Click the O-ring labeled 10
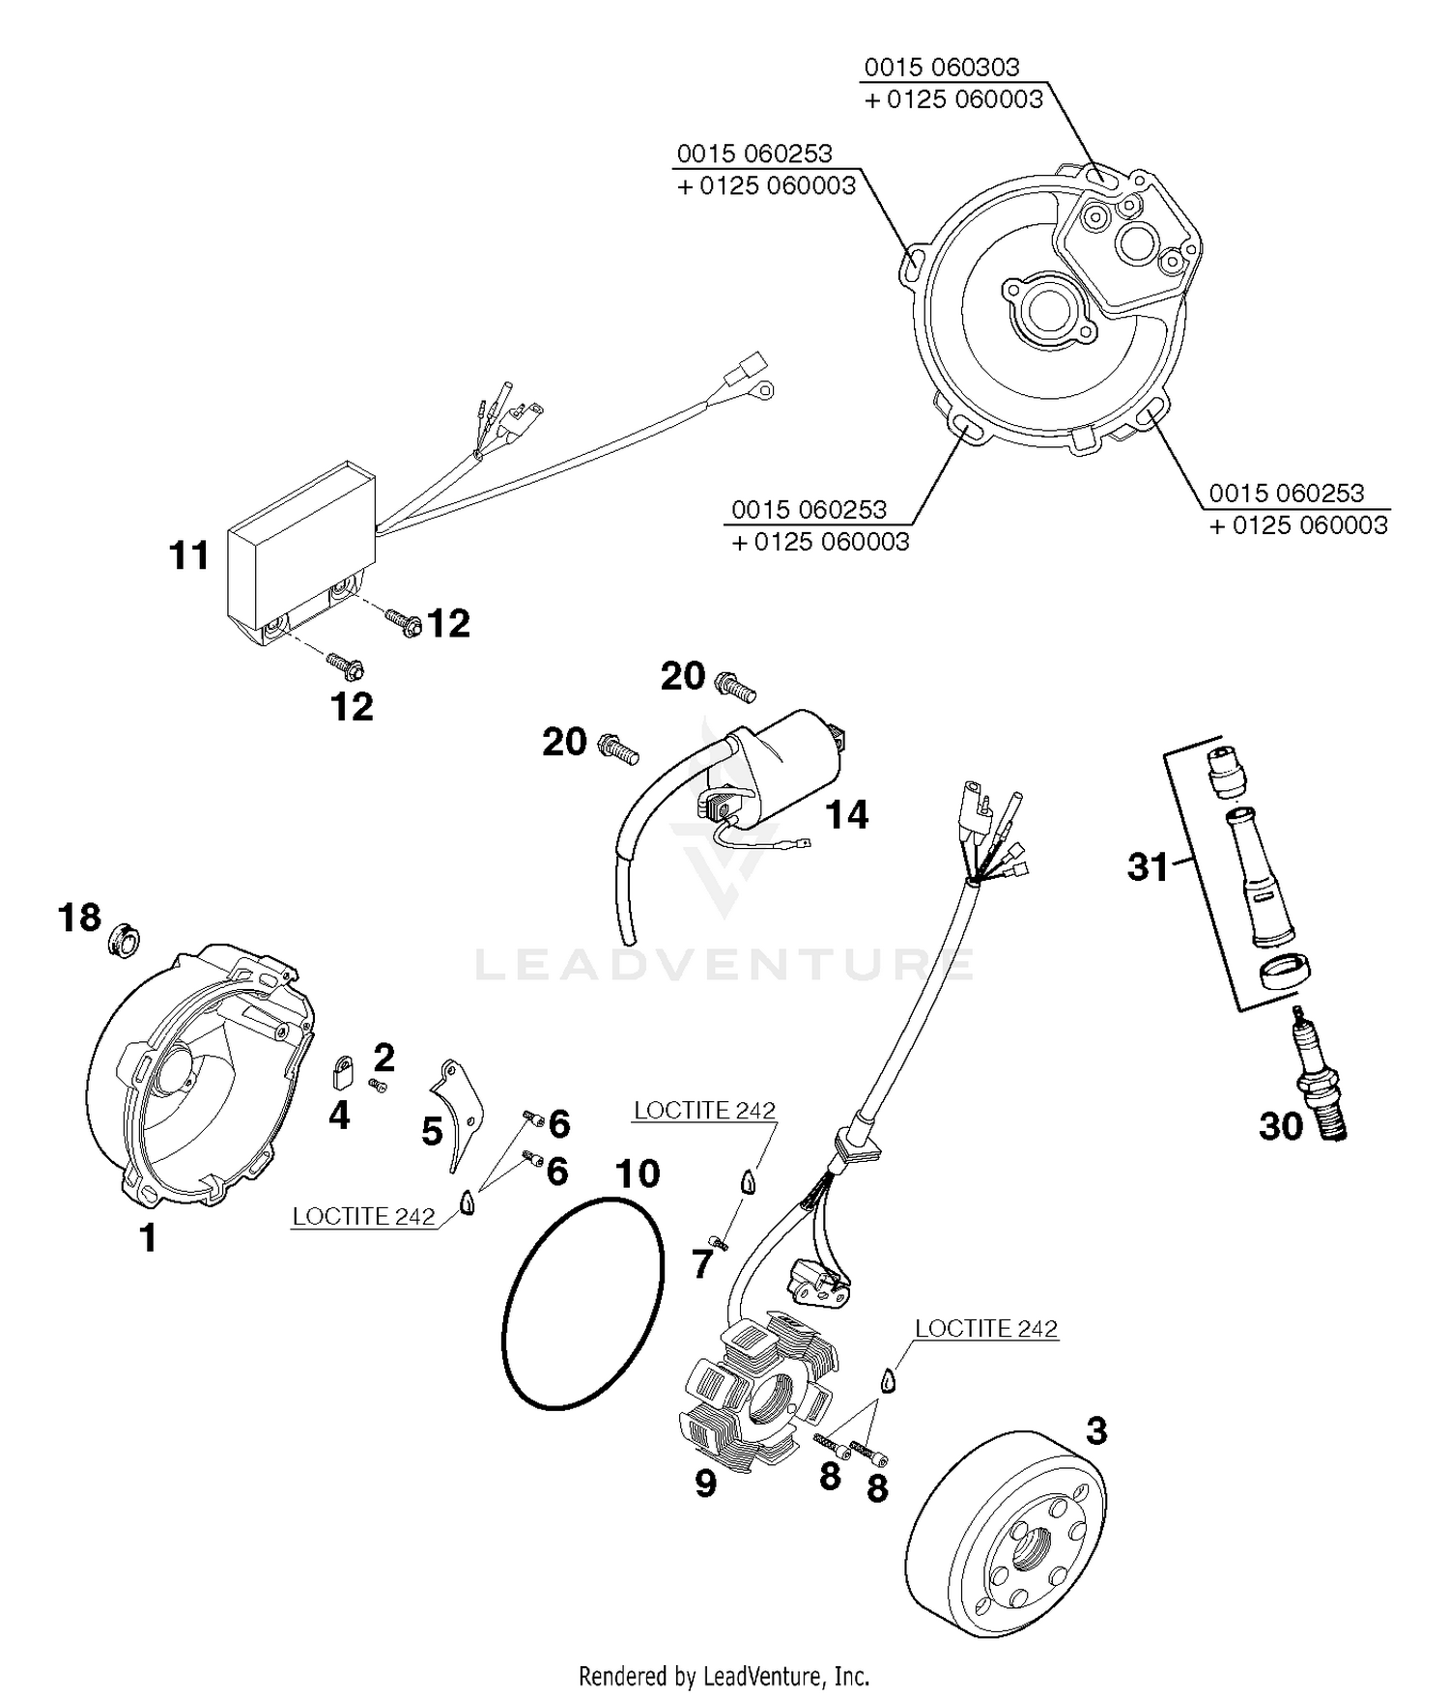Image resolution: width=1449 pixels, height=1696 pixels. pyautogui.click(x=583, y=1303)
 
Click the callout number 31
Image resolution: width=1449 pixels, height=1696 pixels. pyautogui.click(x=1148, y=866)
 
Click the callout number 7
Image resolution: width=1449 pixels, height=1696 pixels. pyautogui.click(x=702, y=1263)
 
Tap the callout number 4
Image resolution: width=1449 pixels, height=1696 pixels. pyautogui.click(x=338, y=1116)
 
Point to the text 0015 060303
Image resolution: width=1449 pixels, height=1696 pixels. pyautogui.click(x=941, y=67)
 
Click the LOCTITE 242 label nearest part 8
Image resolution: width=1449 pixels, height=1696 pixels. pyautogui.click(x=985, y=1328)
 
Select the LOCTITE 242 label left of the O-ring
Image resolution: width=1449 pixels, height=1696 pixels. pyautogui.click(x=364, y=1216)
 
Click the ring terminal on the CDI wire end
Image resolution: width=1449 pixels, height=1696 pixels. pyautogui.click(x=765, y=390)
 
